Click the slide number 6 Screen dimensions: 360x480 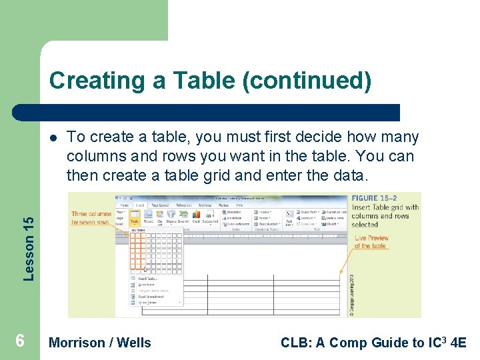click(20, 341)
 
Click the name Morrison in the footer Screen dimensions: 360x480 click(77, 343)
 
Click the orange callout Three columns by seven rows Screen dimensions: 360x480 click(91, 218)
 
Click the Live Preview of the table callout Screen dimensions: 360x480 click(371, 242)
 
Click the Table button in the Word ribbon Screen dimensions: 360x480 click(134, 217)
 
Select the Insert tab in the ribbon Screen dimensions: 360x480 click(141, 205)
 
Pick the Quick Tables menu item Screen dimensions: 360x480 click(147, 302)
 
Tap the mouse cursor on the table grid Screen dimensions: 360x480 click(146, 269)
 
